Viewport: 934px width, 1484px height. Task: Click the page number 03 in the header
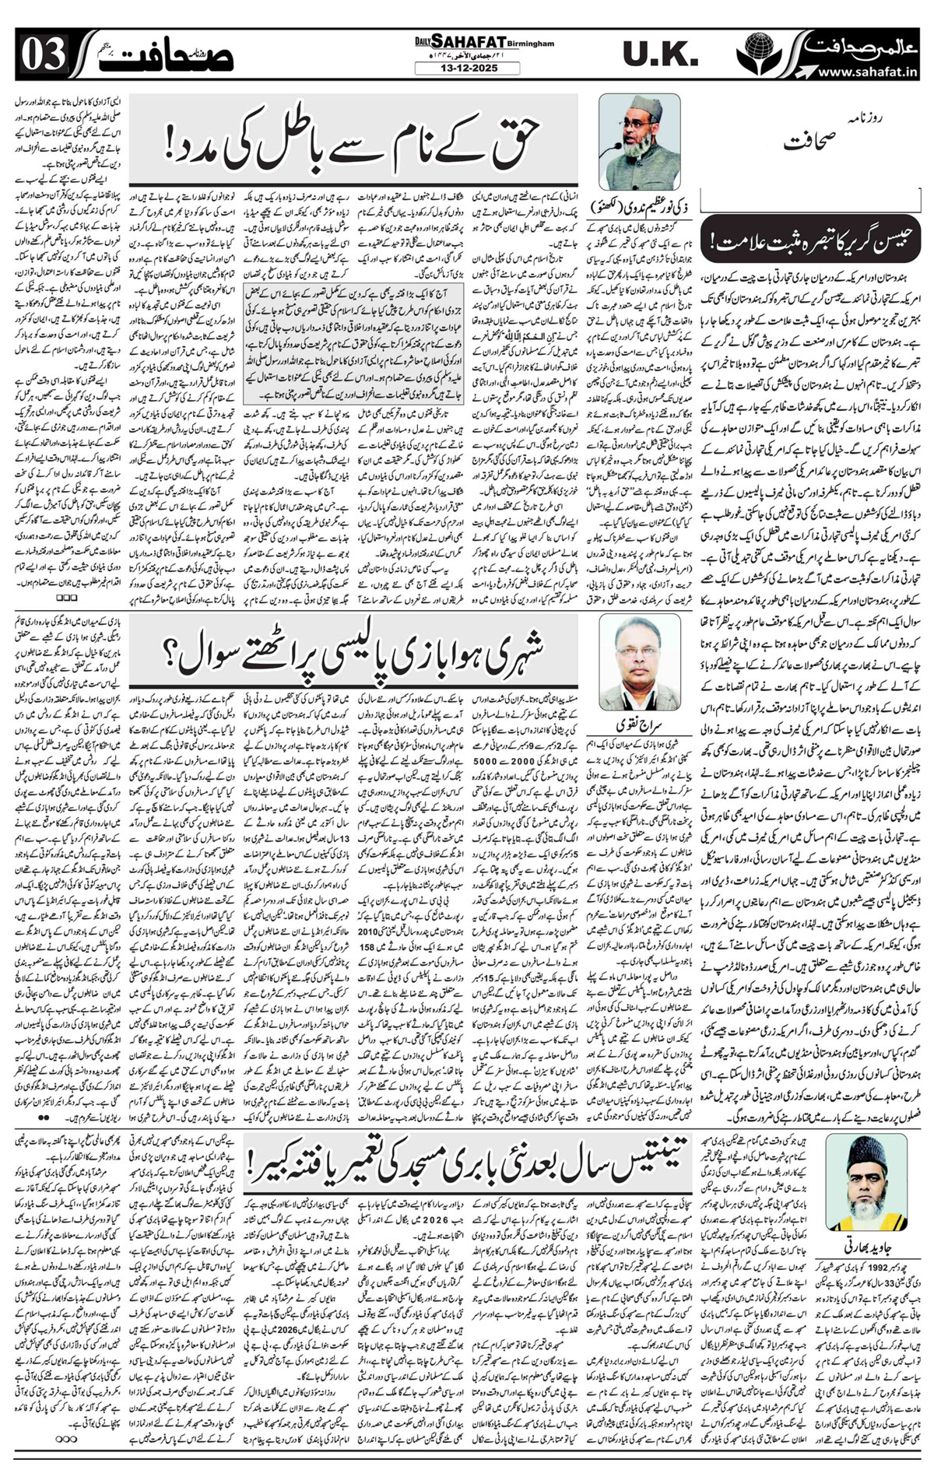point(31,58)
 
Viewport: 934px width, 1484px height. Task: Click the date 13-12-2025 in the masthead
point(457,69)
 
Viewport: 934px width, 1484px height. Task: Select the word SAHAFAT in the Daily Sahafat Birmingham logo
point(451,46)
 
